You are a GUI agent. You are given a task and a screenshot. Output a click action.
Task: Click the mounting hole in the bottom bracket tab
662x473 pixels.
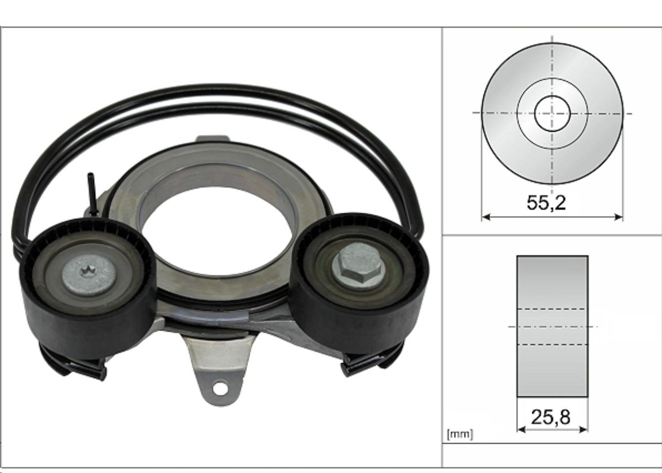pos(219,387)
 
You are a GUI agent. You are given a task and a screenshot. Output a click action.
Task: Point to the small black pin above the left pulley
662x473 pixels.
pos(91,194)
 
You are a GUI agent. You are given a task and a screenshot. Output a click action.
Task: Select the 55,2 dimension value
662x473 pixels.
pos(546,203)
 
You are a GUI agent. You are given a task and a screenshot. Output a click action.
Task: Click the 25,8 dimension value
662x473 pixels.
pos(550,417)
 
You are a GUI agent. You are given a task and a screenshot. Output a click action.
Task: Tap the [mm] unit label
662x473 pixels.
pos(460,434)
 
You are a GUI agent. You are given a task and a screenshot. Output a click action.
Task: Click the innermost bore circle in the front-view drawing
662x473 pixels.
pos(552,113)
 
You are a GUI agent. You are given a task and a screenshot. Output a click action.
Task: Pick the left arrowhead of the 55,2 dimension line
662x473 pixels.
pos(486,217)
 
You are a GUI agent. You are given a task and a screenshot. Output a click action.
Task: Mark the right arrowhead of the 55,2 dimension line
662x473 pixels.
pos(619,217)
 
